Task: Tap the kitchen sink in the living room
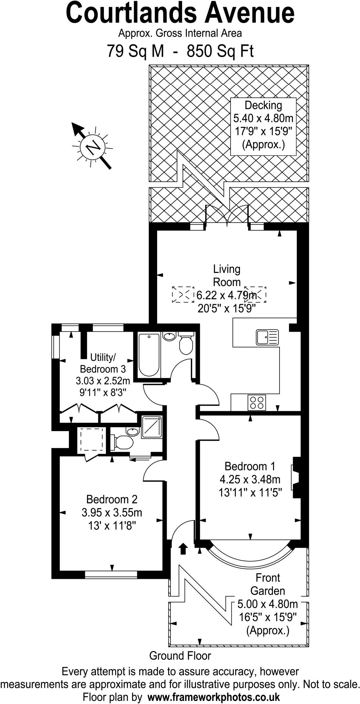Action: coord(267,337)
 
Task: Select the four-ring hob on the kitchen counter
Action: coord(257,403)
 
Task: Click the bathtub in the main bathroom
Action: coord(149,354)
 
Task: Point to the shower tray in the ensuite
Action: coord(152,427)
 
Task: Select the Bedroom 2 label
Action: coord(112,499)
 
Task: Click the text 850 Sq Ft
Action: coord(220,51)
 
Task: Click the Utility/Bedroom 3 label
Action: coord(102,363)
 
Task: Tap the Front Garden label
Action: coord(268,584)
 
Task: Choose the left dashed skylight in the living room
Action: coord(183,294)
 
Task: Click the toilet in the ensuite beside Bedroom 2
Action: coord(123,442)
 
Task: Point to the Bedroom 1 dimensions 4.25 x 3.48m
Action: coord(250,479)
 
